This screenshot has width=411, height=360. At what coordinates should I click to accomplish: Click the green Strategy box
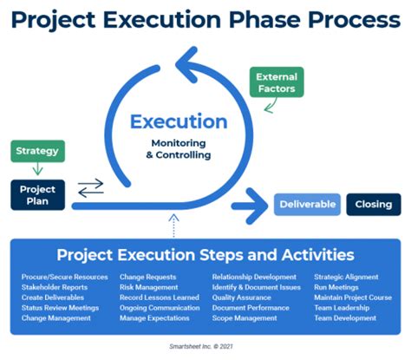[36, 151]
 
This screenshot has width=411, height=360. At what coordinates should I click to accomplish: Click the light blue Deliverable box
[306, 205]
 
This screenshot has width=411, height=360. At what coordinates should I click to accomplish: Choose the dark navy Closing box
[374, 205]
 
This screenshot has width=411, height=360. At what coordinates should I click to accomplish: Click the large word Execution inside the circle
[179, 122]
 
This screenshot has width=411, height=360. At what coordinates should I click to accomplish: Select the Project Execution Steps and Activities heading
[205, 256]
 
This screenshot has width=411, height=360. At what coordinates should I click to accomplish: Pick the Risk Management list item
[148, 287]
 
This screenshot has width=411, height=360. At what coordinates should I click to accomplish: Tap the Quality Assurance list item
[242, 298]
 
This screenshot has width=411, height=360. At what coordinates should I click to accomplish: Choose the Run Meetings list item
[336, 287]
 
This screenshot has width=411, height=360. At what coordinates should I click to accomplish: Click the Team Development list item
[344, 318]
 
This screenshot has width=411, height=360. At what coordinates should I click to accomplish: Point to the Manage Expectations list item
[153, 318]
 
